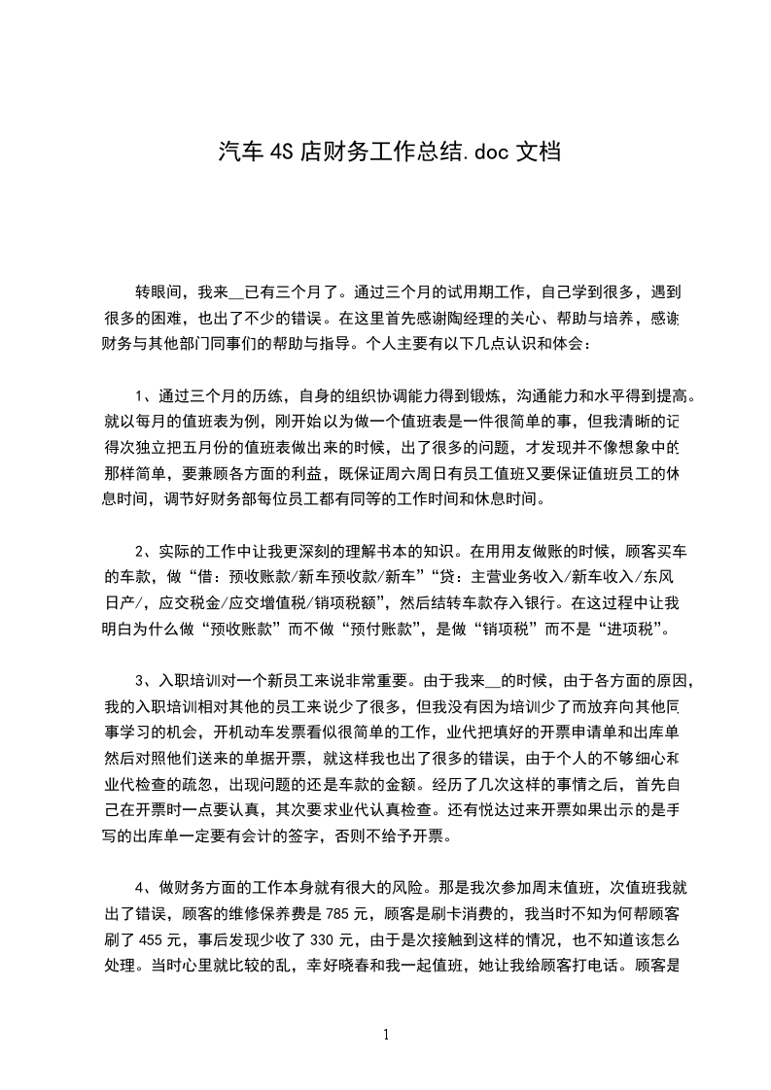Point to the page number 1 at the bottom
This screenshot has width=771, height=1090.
coord(386,1035)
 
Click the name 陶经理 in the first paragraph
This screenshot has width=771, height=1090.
coord(453,317)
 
